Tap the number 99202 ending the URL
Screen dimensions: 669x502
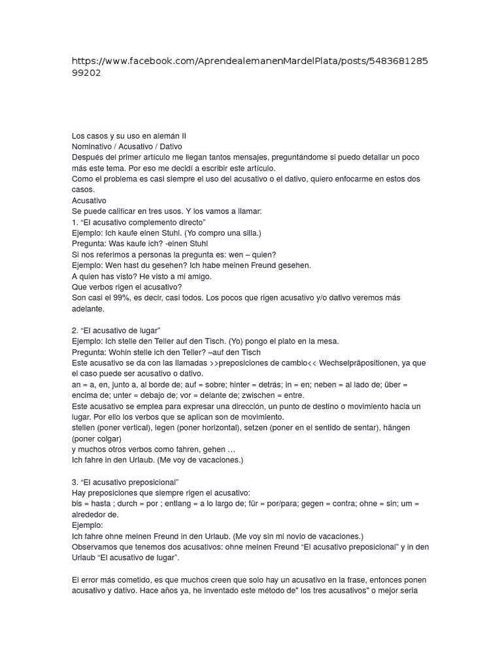(87, 74)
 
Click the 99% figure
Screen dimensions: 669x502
(119, 298)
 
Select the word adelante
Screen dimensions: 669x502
(88, 308)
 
